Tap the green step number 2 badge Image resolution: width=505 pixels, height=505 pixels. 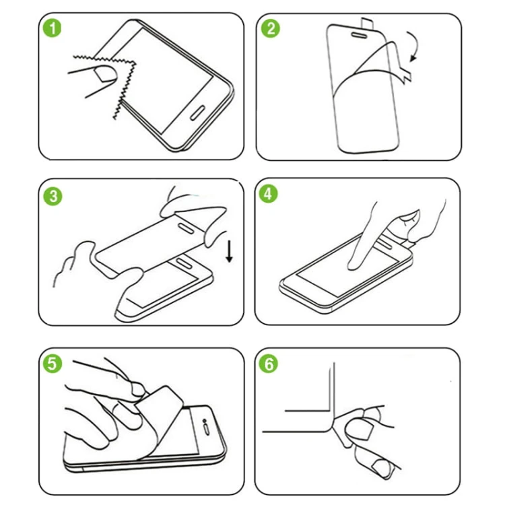[271, 29]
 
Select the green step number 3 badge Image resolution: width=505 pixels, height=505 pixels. [53, 196]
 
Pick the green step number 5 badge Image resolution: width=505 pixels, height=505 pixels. [53, 364]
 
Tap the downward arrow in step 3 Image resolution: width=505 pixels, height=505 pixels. [230, 251]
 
